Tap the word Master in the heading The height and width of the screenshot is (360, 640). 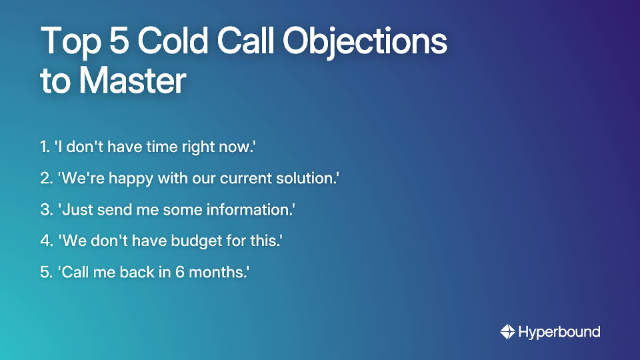[x=132, y=81]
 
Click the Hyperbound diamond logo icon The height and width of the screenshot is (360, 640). [x=507, y=331]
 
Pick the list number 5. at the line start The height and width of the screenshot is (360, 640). [x=45, y=273]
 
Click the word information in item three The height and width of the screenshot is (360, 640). [x=255, y=210]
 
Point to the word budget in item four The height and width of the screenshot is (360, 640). [x=189, y=241]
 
